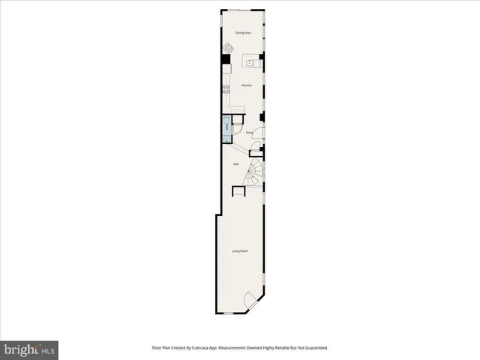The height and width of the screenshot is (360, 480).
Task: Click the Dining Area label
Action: (x=242, y=33)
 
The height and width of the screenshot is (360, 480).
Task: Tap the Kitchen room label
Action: (x=245, y=85)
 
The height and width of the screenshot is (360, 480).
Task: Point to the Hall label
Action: (x=235, y=163)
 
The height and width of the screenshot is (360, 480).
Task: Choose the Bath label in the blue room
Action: (x=226, y=127)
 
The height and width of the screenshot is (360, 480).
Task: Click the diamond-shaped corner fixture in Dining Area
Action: (x=227, y=49)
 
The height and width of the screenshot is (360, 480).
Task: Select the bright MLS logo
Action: (x=29, y=349)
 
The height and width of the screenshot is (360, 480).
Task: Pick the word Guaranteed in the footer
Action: (x=313, y=348)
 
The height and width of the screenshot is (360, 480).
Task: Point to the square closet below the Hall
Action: (x=238, y=192)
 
